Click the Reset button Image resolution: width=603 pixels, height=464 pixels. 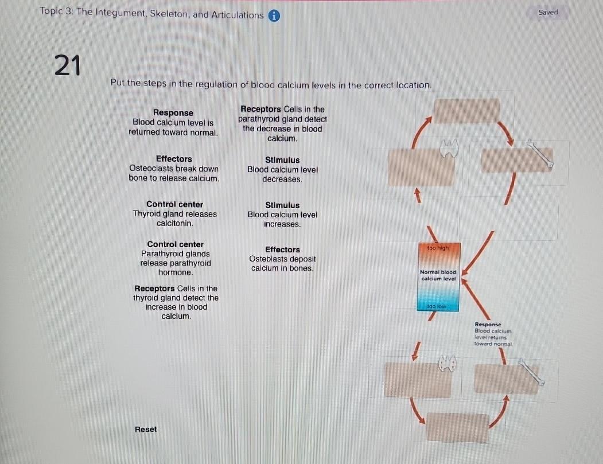(x=146, y=429)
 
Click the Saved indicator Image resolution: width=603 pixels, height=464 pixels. (x=548, y=12)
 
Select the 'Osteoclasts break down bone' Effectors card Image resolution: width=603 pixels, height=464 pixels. (x=174, y=169)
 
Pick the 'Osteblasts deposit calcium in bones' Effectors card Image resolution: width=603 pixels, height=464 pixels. (x=282, y=259)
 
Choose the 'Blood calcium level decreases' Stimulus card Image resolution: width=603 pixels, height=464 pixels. (x=282, y=170)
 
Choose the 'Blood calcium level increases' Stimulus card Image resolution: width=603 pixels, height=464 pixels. (x=282, y=215)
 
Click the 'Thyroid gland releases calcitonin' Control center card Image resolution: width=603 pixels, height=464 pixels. (x=174, y=213)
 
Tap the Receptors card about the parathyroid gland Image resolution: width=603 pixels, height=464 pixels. (x=282, y=124)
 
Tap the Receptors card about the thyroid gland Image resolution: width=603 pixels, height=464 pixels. (x=176, y=302)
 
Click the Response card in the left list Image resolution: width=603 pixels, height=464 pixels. (x=173, y=122)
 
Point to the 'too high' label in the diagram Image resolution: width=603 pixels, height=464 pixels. (x=438, y=248)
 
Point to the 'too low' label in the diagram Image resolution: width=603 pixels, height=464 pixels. (x=437, y=307)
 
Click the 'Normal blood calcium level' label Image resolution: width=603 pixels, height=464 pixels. (x=438, y=275)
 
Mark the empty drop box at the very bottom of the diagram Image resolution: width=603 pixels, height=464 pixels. (x=457, y=428)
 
